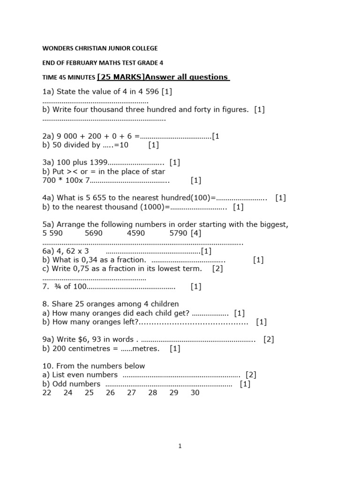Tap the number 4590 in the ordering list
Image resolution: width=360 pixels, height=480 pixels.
[x=136, y=233]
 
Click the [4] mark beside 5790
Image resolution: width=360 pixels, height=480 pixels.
[x=195, y=233]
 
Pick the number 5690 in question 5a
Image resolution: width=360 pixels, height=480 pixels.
[x=94, y=233]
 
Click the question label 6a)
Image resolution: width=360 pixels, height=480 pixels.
[x=49, y=251]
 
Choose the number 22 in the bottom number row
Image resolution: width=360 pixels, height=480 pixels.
[x=47, y=392]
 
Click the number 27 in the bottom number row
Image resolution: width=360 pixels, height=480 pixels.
[x=131, y=392]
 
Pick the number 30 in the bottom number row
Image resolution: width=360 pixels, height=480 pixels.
[x=195, y=392]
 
